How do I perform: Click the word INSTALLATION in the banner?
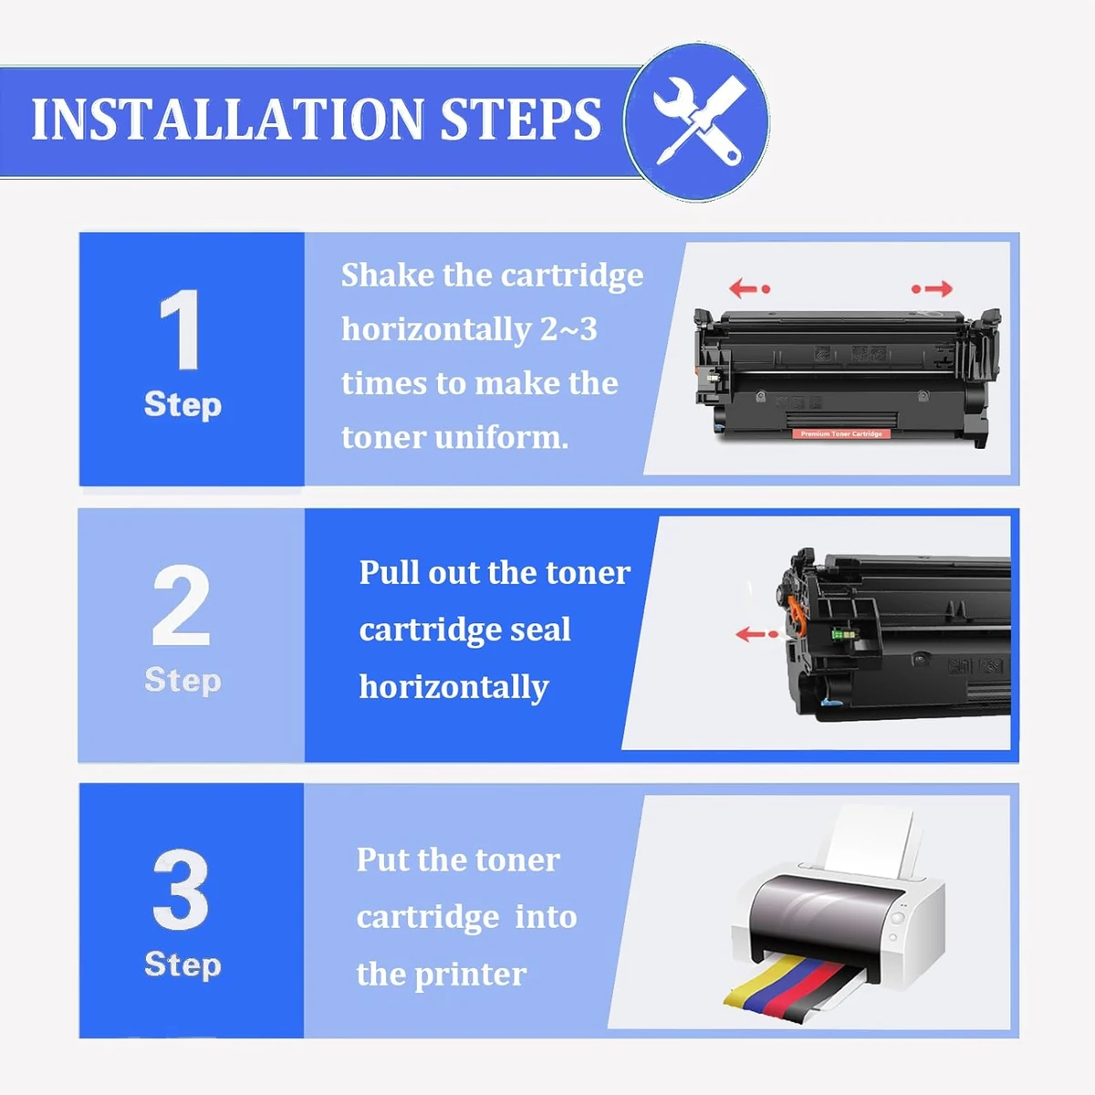(227, 120)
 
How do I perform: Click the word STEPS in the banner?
(520, 120)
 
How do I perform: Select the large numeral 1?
(180, 328)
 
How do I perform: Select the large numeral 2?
(181, 605)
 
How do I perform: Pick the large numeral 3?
(181, 890)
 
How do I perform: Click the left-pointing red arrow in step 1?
(749, 288)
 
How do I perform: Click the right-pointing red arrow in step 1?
(932, 288)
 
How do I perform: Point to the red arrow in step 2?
(756, 633)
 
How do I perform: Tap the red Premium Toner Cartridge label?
(841, 434)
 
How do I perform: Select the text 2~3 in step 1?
(568, 329)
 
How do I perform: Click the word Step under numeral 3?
(182, 965)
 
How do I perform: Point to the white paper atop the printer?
(870, 841)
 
